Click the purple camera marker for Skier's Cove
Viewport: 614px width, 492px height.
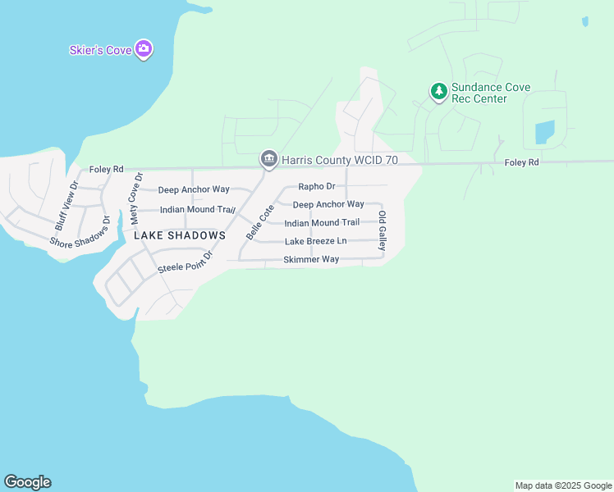(x=144, y=50)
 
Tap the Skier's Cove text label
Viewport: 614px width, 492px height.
(x=100, y=51)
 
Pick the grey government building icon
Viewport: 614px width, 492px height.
(x=268, y=160)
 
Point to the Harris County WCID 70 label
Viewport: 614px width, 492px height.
(x=340, y=161)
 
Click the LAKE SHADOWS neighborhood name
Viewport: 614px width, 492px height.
(x=180, y=235)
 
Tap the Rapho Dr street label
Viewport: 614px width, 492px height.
(x=317, y=187)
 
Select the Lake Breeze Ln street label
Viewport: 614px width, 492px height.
(x=316, y=241)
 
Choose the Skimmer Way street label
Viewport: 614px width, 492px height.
(x=311, y=259)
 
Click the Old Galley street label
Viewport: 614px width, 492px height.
(x=382, y=230)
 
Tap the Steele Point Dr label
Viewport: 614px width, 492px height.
(x=186, y=262)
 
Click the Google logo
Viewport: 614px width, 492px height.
(x=27, y=482)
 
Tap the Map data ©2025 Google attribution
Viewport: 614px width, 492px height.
(x=562, y=485)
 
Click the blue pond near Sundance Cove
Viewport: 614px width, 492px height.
(x=544, y=132)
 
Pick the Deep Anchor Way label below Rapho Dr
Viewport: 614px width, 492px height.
(x=328, y=204)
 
